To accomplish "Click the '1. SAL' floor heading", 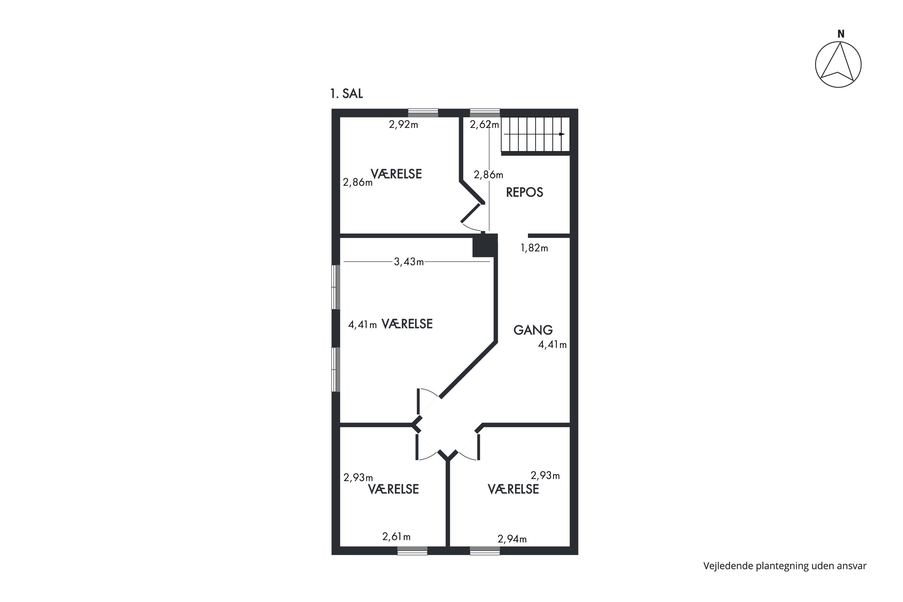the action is (346, 94).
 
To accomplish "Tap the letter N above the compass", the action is (840, 34).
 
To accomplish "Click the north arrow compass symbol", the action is (838, 65).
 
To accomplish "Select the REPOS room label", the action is (524, 192).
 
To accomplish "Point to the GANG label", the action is (533, 330).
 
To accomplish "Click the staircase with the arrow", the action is (535, 134).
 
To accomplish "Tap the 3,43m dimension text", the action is (409, 262).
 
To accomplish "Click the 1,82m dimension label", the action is (534, 248).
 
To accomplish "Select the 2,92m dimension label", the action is (403, 124).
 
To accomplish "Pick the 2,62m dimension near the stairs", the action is (484, 124).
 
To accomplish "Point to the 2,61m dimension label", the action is (396, 537).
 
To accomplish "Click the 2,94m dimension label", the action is (512, 539).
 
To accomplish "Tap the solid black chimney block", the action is (485, 245).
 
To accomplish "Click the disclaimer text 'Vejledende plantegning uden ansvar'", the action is (785, 566).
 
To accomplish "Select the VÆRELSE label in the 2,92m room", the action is (396, 174).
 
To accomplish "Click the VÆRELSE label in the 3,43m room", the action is (407, 324).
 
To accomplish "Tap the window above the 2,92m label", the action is (423, 113).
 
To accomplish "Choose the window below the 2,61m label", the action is (412, 551).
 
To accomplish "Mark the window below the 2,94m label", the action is (485, 551).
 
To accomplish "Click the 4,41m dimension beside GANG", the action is (552, 345).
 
